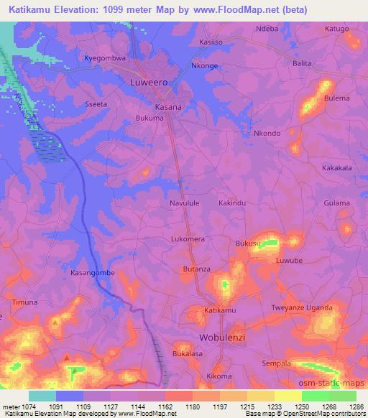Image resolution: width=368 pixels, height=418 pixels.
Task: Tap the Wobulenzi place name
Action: coord(222,337)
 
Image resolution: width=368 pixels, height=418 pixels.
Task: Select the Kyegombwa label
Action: coord(105,58)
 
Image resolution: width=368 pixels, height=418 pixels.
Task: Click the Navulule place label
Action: coord(184,203)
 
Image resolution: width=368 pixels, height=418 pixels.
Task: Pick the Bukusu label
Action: coord(248,244)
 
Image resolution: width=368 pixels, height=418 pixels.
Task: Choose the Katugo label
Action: coord(336,29)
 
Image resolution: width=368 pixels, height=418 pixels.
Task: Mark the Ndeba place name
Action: coord(267,29)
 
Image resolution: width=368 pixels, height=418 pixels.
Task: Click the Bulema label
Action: coord(336,98)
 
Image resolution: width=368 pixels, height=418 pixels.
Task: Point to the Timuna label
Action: coord(24,302)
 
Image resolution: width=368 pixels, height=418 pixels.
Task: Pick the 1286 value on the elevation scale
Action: coord(356,406)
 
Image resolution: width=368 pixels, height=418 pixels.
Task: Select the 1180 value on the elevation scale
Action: coord(192,406)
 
